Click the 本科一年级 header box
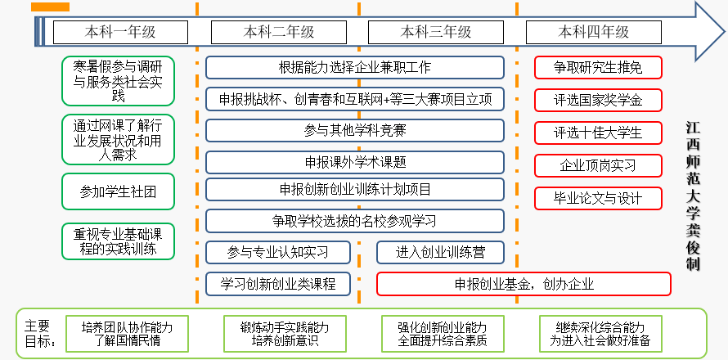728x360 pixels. pos(120,32)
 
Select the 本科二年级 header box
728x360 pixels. pos(278,32)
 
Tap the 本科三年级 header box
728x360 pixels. pos(436,32)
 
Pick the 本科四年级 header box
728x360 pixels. pos(594,32)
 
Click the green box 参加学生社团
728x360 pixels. pos(118,191)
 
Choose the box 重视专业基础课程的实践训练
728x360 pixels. pos(118,241)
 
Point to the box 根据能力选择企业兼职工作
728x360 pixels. pos(354,67)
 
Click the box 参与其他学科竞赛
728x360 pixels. pos(354,130)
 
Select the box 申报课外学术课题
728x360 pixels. pos(354,162)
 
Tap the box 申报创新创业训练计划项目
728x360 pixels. pos(354,190)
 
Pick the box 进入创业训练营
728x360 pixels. pos(439,252)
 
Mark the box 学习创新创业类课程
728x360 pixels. pos(278,283)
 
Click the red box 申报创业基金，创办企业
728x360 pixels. pos(524,284)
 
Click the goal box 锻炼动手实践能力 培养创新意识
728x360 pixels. pos(278,334)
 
